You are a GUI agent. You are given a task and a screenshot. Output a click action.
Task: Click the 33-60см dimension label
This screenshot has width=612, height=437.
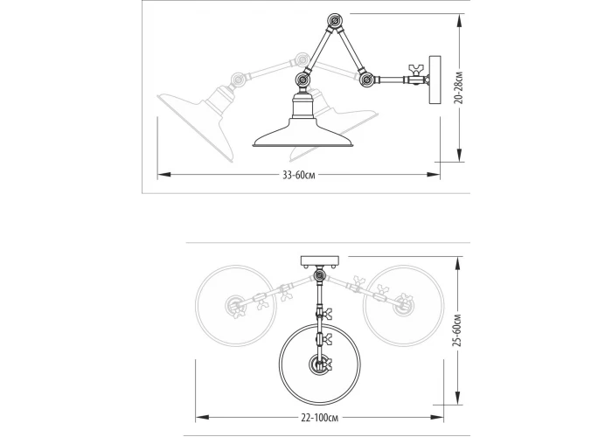(299, 175)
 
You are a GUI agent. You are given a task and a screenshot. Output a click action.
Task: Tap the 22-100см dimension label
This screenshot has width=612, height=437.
(320, 418)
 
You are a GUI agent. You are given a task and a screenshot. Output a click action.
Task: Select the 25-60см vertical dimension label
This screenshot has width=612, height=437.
(458, 330)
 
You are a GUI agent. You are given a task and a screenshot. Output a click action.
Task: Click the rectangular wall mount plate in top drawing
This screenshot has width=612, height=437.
(435, 80)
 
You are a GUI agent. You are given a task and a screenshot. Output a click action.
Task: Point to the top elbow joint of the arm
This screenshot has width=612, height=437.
(335, 21)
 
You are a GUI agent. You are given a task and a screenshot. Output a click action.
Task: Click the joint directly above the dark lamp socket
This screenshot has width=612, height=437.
(303, 80)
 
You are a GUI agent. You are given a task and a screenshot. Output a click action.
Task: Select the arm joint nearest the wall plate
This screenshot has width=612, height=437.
(366, 80)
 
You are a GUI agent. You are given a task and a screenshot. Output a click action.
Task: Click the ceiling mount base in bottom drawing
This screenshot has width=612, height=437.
(320, 261)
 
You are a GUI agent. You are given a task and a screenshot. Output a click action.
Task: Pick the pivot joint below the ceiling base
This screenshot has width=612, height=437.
(320, 276)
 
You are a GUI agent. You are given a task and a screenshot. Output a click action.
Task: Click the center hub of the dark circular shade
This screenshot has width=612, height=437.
(319, 364)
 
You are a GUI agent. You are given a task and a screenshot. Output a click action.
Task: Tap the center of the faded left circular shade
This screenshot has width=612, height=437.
(235, 306)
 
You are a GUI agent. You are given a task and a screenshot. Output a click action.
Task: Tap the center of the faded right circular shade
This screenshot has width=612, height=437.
(403, 306)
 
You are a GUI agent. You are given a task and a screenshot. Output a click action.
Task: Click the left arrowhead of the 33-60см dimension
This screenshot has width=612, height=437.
(164, 175)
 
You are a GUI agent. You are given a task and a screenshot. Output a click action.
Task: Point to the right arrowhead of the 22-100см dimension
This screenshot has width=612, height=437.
(437, 418)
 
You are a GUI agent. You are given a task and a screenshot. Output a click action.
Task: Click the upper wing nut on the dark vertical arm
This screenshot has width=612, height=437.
(325, 313)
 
